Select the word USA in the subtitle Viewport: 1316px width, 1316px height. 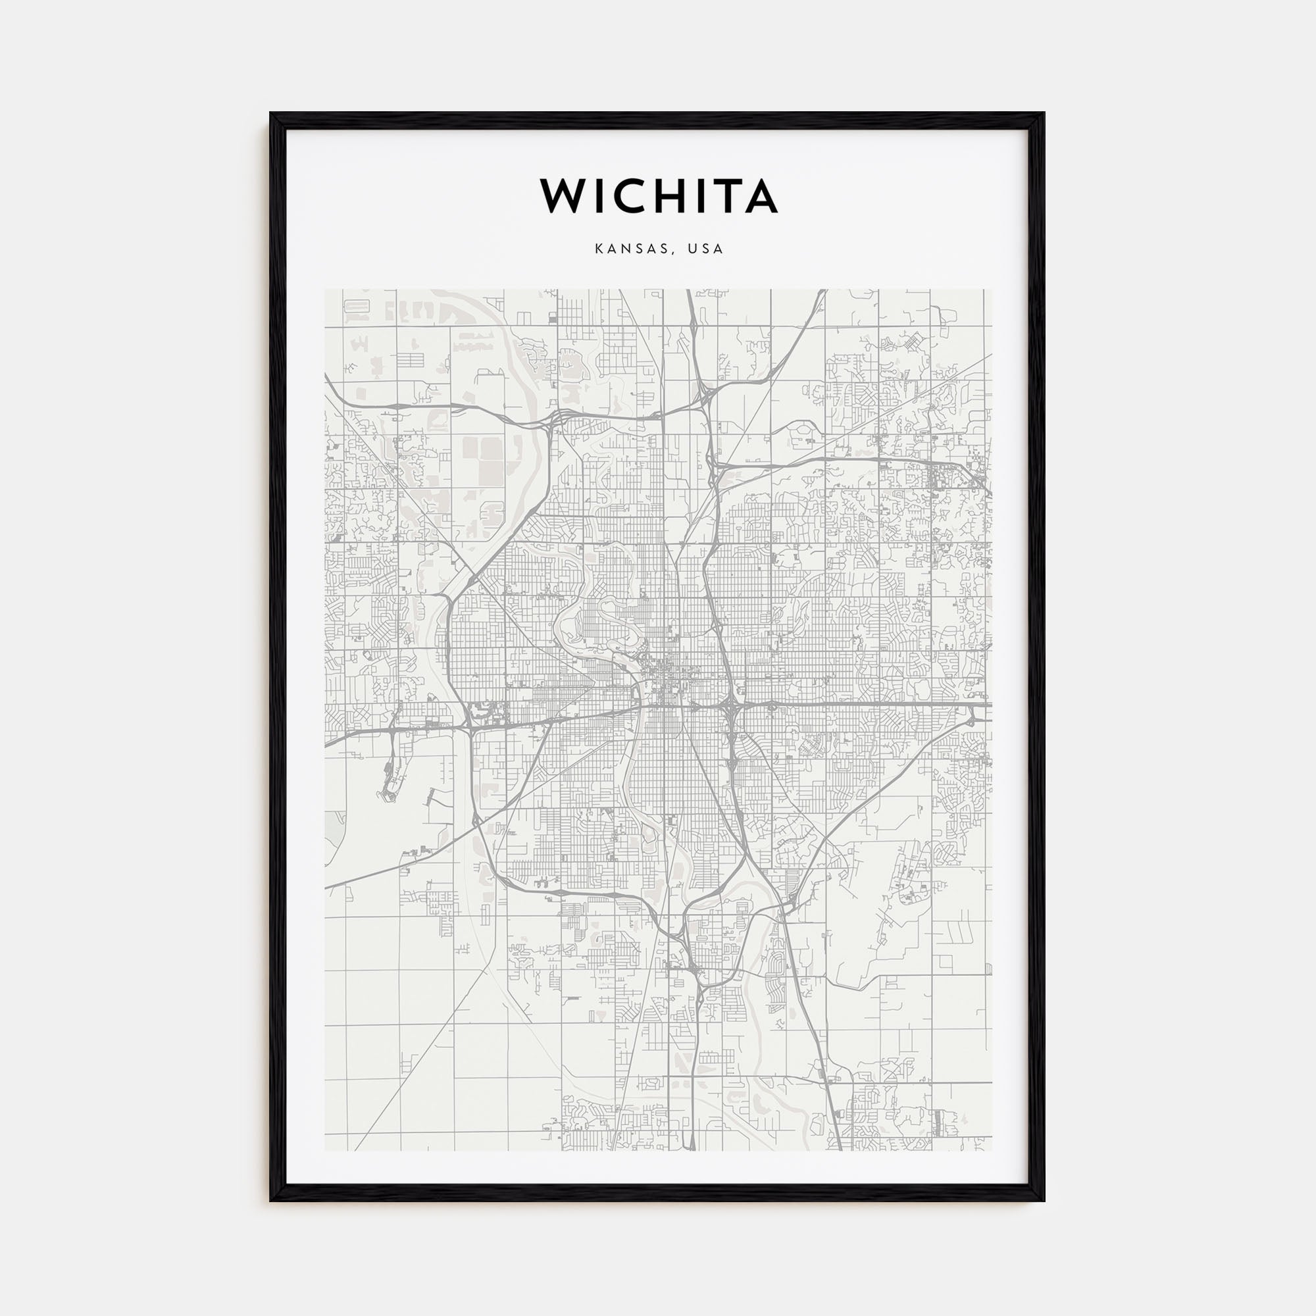pyautogui.click(x=705, y=249)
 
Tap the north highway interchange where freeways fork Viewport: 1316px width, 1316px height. pyautogui.click(x=701, y=402)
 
